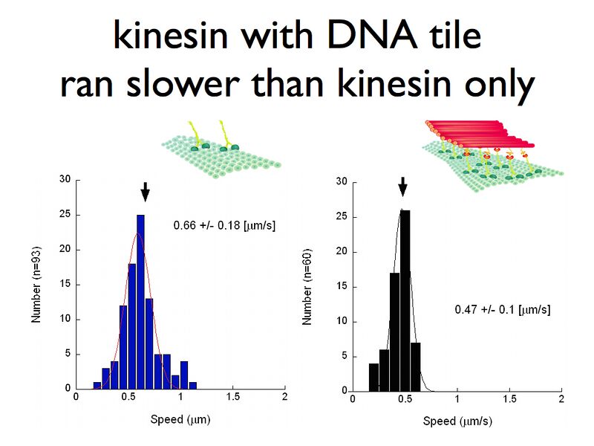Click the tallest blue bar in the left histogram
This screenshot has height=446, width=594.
click(140, 301)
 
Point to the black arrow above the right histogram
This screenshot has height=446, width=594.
click(402, 186)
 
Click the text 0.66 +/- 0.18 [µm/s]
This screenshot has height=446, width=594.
click(224, 224)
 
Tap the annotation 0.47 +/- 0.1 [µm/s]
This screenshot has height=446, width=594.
click(502, 308)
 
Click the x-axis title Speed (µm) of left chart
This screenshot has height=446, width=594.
click(181, 419)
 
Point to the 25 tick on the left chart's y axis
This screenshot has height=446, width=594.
click(65, 214)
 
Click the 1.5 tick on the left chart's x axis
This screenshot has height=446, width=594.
click(232, 398)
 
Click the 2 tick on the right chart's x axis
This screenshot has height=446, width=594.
click(561, 400)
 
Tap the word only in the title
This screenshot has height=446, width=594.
click(494, 85)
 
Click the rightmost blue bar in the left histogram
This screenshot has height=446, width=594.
click(192, 385)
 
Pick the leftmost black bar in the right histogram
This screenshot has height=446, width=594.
click(373, 376)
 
